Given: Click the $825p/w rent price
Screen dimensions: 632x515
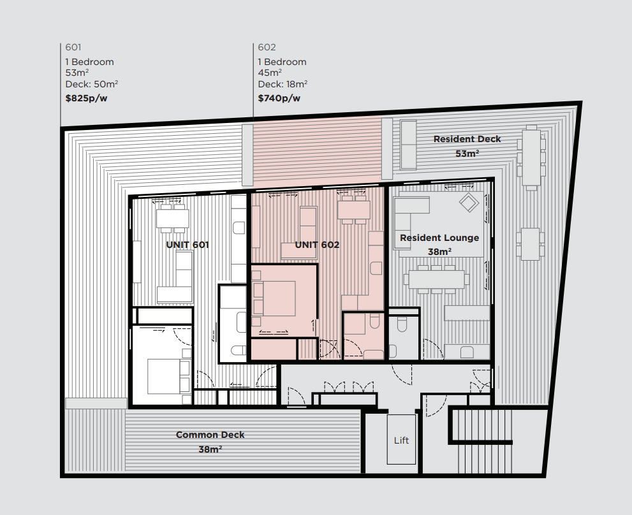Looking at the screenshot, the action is [x=86, y=98].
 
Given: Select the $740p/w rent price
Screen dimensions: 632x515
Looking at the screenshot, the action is [x=279, y=98].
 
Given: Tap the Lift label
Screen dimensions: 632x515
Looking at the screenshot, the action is [x=401, y=440].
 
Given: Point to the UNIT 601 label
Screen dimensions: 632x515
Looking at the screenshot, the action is [x=187, y=245].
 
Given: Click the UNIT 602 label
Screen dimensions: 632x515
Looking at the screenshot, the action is [x=317, y=245].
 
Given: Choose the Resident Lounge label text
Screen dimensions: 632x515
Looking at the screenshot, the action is [x=439, y=238].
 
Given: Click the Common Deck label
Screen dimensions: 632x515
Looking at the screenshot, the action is [x=210, y=435].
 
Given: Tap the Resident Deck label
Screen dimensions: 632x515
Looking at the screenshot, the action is [x=467, y=139].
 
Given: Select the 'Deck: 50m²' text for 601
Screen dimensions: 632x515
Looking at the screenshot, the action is [x=91, y=84].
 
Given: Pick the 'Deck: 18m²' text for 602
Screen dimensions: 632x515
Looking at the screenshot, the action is [x=283, y=84].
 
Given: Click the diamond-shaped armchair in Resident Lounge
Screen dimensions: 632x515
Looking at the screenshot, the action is [x=469, y=202].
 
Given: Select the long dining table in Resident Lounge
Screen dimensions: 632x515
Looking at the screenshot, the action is [x=436, y=279].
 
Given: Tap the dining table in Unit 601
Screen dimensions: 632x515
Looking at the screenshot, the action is [x=173, y=219].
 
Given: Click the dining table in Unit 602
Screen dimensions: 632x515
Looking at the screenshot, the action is [x=354, y=210].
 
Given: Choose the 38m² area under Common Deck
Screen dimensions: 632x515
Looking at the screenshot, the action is [x=210, y=449].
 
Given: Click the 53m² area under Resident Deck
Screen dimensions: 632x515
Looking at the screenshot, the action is [x=467, y=154].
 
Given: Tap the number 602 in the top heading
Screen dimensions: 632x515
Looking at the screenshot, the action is [x=267, y=47].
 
